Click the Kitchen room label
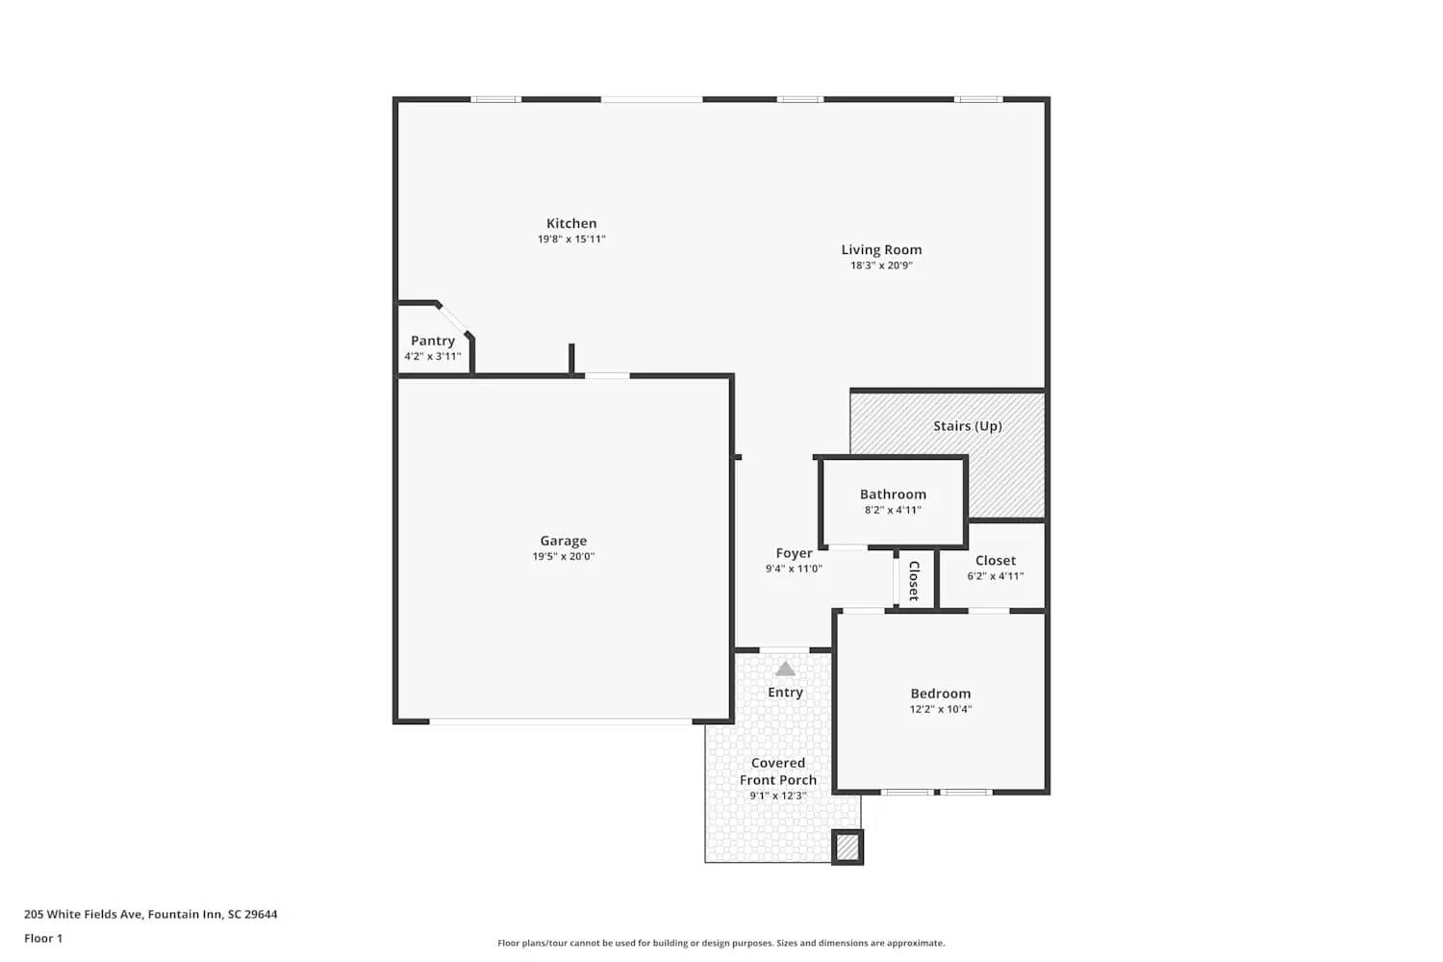571,223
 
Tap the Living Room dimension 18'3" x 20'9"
881,266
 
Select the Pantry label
433,341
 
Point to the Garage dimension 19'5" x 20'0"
564,556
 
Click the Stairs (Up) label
967,426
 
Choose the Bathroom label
893,494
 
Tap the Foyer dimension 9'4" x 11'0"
794,569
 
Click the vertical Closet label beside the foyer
914,580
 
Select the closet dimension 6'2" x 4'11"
995,576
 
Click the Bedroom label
940,694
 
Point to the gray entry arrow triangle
785,669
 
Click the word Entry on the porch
785,693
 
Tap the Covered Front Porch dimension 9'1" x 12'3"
777,796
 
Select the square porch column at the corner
847,847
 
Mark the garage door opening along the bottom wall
560,721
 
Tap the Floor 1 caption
43,938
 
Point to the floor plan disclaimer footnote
721,943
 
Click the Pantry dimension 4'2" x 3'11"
433,356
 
